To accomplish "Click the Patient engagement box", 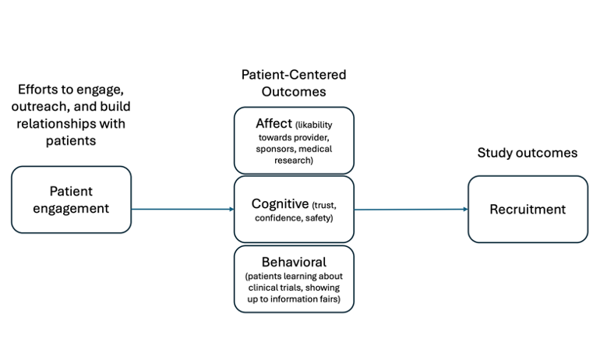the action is tap(71, 199).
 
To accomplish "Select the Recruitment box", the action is tap(528, 210).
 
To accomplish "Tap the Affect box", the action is tap(294, 140).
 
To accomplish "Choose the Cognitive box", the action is tap(294, 210).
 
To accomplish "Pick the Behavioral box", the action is tap(294, 279).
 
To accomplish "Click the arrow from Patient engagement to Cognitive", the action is tap(182, 210).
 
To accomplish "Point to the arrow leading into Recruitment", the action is tap(411, 210).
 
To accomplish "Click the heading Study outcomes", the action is tap(528, 153).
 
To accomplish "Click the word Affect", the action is tap(274, 124).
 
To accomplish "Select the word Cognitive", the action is tap(280, 204).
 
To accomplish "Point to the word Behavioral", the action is tap(294, 262).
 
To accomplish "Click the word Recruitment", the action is tap(528, 210).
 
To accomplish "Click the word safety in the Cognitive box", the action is tap(319, 218).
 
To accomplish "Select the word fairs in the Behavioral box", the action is tap(328, 298).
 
